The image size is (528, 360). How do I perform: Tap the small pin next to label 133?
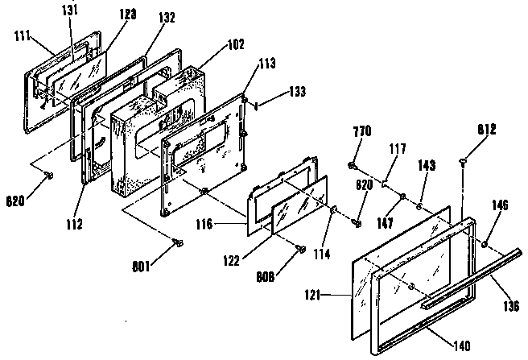click(x=256, y=105)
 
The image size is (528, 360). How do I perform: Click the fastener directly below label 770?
click(x=353, y=165)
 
